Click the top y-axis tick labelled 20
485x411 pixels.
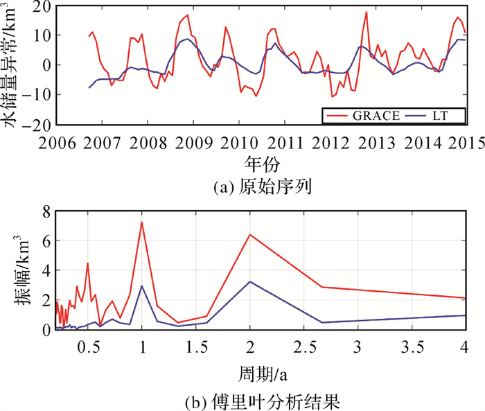pyautogui.click(x=38, y=6)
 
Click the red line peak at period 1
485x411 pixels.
pyautogui.click(x=142, y=222)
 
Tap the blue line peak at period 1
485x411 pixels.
pyautogui.click(x=142, y=286)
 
